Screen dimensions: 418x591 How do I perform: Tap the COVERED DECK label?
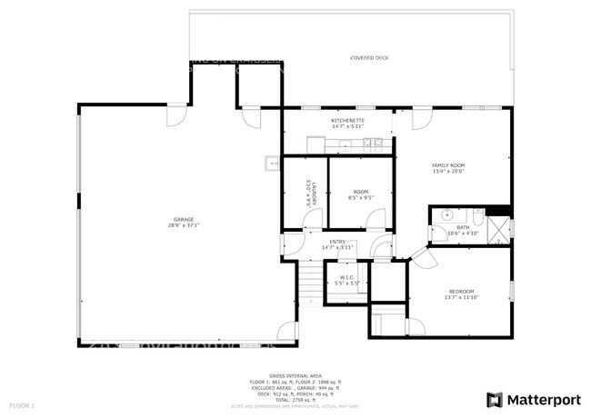pyautogui.click(x=370, y=57)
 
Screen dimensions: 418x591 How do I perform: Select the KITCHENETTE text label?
pyautogui.click(x=347, y=120)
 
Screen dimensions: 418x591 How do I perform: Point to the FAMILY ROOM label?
pyautogui.click(x=448, y=165)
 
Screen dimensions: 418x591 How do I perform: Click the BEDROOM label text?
pyautogui.click(x=461, y=292)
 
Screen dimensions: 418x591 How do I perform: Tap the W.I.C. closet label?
pyautogui.click(x=347, y=277)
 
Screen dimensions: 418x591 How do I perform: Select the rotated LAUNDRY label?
pyautogui.click(x=309, y=193)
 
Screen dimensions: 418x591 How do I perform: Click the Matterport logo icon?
pyautogui.click(x=495, y=399)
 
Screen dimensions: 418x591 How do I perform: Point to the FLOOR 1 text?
pyautogui.click(x=22, y=404)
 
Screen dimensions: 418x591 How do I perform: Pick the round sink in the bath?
pyautogui.click(x=446, y=215)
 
